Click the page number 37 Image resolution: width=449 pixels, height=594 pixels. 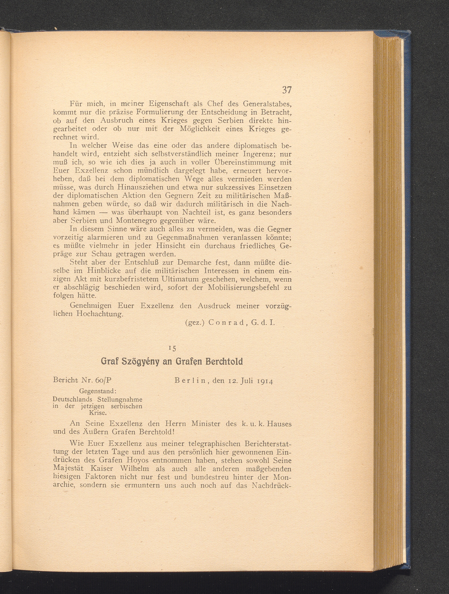point(286,90)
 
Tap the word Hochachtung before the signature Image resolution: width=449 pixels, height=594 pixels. point(100,314)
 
